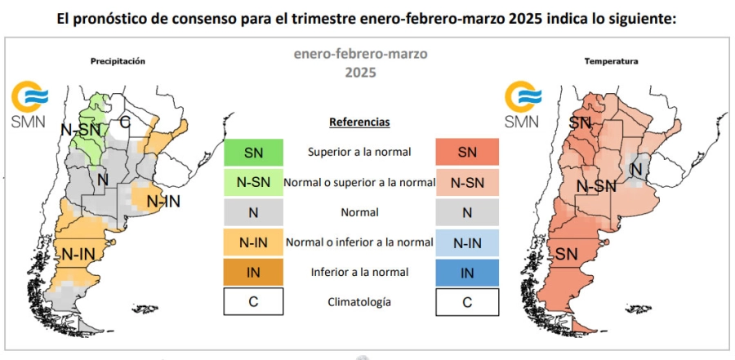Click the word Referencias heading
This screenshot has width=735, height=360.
(x=359, y=122)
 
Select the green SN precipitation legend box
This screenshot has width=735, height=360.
(x=253, y=152)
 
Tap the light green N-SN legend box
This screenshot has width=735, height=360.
(x=253, y=182)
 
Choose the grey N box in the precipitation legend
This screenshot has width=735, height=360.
(x=253, y=212)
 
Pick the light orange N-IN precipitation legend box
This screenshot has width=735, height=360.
(x=253, y=242)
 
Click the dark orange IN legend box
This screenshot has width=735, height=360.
(x=253, y=273)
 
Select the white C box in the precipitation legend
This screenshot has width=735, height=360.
(x=253, y=302)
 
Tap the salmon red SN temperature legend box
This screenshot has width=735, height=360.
(x=466, y=152)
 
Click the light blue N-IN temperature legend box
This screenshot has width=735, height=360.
(x=466, y=242)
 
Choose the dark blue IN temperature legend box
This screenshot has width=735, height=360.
(x=466, y=273)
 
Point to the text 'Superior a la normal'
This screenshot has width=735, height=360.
(x=359, y=152)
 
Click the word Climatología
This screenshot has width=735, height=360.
(x=359, y=302)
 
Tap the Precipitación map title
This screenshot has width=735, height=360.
(x=118, y=61)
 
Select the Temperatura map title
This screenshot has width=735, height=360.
(x=611, y=61)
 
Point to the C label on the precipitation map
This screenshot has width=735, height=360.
(x=125, y=122)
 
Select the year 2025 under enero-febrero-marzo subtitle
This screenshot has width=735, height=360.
(x=359, y=72)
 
